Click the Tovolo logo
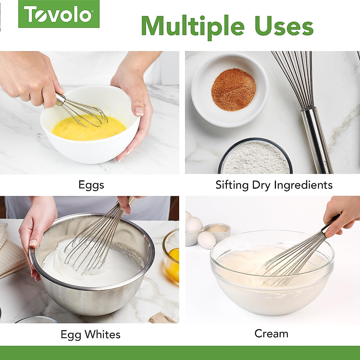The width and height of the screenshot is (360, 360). point(59,14)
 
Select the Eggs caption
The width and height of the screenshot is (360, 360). point(91,185)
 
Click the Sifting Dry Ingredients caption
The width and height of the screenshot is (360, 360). point(274,185)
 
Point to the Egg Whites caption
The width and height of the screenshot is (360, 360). point(90,334)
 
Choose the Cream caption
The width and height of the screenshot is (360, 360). point(271,333)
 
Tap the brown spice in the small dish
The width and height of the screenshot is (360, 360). point(233,89)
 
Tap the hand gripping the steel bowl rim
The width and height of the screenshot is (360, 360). point(36,231)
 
